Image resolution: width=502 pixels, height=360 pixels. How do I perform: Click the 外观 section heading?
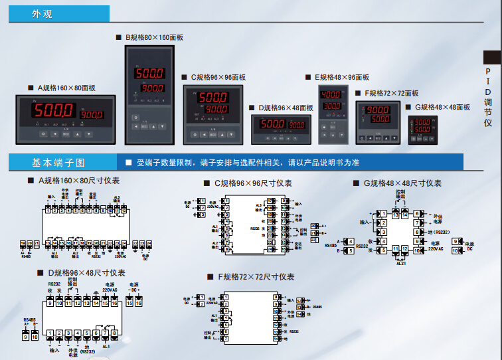coord(42,14)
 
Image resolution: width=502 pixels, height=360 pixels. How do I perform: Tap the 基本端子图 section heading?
coord(58,163)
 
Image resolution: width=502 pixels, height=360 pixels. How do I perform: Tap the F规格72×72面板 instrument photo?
coord(378,122)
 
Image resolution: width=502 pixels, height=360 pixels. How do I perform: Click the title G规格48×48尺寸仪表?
coord(400,183)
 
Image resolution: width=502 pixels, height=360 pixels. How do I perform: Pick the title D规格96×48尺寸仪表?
coord(86,272)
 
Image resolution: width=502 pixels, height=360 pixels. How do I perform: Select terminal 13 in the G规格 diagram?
coord(396,215)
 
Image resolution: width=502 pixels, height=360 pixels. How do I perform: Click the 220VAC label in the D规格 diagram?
coord(110,289)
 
